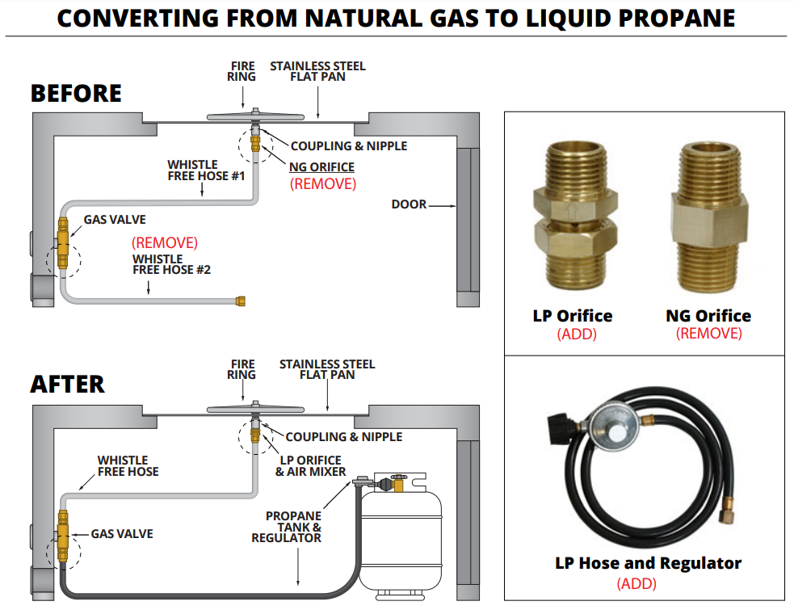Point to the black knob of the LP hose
(561, 426)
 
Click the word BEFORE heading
(76, 94)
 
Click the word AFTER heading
(67, 385)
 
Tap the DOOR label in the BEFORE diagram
(409, 204)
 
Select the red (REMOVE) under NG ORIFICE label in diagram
(322, 183)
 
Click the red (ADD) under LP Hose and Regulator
(636, 583)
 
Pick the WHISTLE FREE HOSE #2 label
(171, 264)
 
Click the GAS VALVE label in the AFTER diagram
(121, 534)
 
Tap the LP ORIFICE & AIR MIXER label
(311, 466)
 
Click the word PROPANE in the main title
(666, 18)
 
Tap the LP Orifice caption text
(572, 316)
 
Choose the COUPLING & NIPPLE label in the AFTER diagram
(343, 436)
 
